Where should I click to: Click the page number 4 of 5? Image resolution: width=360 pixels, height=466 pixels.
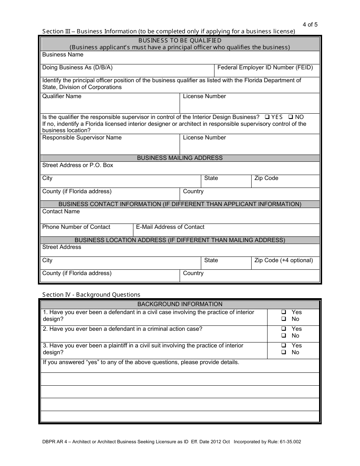310,25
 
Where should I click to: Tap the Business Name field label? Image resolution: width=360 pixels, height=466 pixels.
63,55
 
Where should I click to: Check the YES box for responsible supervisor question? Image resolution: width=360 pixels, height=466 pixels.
267,117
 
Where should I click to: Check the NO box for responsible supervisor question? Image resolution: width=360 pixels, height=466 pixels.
291,117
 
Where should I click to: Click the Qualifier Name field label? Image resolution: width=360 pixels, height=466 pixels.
62,96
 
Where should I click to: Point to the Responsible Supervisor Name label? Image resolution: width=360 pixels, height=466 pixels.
82,138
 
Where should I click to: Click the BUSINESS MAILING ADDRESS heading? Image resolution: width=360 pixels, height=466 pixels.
180,158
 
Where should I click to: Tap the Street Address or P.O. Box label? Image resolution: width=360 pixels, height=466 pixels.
78,165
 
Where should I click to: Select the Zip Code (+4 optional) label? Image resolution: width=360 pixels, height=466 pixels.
283,260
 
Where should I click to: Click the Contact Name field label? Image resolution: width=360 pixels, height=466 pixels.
61,211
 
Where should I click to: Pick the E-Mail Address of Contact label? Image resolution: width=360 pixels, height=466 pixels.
170,227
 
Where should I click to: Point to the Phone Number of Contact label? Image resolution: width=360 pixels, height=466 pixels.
76,227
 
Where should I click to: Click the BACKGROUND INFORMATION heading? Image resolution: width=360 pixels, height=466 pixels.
180,304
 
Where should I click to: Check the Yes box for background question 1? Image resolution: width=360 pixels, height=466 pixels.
283,312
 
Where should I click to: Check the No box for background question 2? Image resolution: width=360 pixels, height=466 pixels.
283,336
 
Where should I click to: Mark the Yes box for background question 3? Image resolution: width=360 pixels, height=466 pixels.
283,346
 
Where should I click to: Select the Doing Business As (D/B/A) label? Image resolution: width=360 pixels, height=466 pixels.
77,67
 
